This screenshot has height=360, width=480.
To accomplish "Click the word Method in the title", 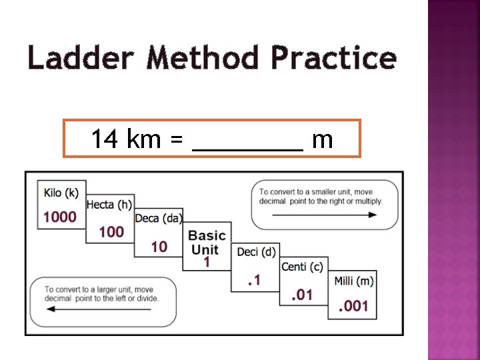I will [x=203, y=58].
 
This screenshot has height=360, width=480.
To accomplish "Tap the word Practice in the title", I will [x=333, y=58].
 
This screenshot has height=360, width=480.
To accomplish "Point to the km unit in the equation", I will [x=144, y=140].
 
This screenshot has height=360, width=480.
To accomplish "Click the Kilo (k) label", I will [x=61, y=193].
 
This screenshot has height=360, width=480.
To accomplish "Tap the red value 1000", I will [x=61, y=217].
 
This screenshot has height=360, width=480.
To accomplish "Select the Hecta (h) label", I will [x=109, y=205].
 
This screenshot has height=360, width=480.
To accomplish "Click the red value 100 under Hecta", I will [x=111, y=231].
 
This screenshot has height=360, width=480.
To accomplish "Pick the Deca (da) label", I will [x=159, y=219].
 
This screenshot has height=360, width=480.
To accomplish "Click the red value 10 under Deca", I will [x=159, y=247].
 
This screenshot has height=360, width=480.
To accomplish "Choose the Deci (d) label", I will [x=256, y=251].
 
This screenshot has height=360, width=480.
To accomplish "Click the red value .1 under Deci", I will [x=254, y=281].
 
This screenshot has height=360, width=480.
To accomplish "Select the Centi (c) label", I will [x=302, y=267].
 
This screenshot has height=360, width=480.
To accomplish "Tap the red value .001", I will [x=353, y=307].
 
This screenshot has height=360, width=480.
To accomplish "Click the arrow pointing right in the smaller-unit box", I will [x=325, y=215].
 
